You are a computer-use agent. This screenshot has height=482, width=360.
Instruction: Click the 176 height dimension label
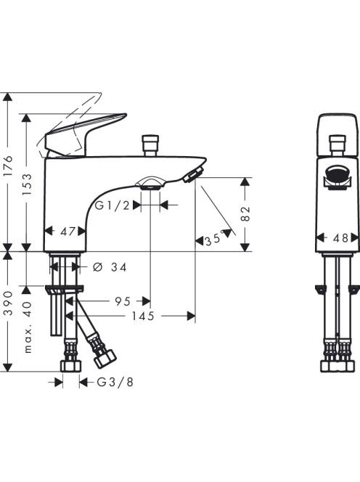(9, 166)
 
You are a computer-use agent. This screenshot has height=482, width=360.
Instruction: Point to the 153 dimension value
(27, 184)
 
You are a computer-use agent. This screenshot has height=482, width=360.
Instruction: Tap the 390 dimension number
(9, 303)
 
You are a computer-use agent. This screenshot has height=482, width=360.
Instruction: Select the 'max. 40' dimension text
(27, 327)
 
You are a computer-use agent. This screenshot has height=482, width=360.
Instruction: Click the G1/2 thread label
(112, 205)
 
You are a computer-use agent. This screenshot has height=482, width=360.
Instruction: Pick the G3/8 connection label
(115, 382)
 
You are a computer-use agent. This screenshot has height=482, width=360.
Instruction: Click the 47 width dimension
(67, 232)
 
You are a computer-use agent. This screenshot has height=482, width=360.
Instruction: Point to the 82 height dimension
(245, 214)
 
